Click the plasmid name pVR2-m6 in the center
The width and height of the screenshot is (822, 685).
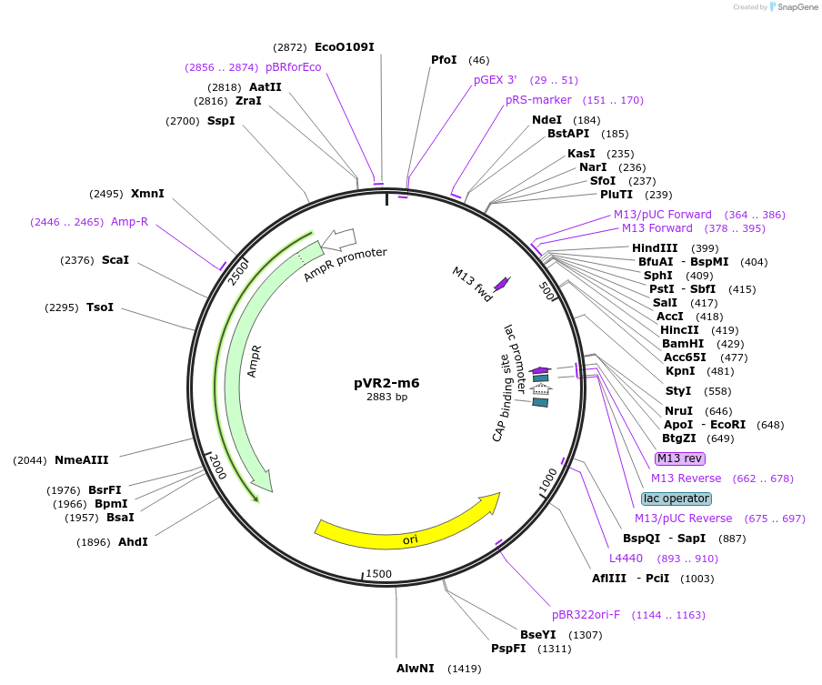tap(386, 383)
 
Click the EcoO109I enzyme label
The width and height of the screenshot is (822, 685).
tap(344, 46)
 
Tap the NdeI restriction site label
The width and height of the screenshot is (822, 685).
tap(546, 119)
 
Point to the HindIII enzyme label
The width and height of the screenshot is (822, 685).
tap(655, 248)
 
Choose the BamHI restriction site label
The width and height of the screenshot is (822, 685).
tap(683, 343)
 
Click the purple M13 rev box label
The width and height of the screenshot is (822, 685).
tap(680, 458)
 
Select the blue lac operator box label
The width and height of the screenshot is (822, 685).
tap(676, 499)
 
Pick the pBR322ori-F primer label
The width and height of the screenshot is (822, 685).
tap(586, 615)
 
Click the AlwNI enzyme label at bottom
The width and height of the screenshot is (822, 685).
tap(413, 669)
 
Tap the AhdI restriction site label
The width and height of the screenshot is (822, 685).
tap(133, 542)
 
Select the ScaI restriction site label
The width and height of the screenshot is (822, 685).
tap(115, 260)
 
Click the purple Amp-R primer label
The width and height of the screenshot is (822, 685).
tap(129, 221)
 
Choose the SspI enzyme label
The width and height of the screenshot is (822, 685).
tap(221, 120)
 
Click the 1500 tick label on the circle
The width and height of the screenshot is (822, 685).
tap(378, 574)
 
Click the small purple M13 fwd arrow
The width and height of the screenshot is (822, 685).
tap(501, 284)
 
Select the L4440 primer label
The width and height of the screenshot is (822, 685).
tap(626, 559)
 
